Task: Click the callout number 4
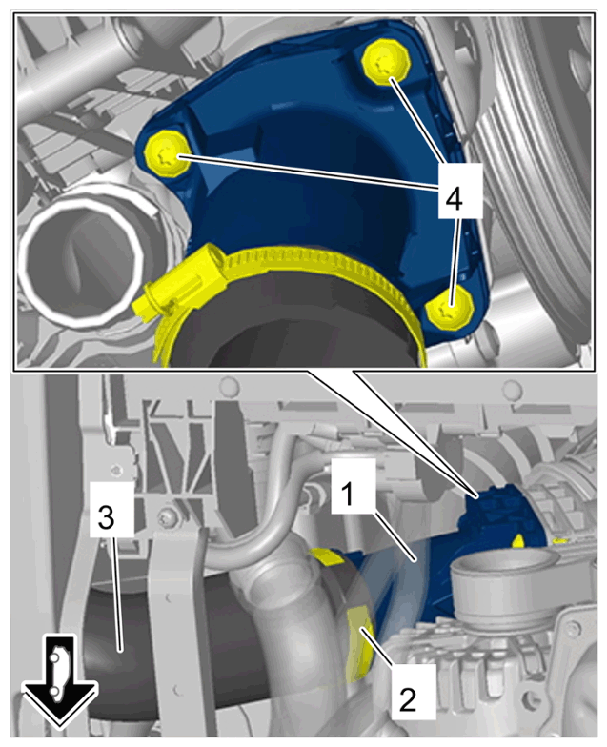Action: click(x=454, y=198)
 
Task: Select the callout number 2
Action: click(x=408, y=699)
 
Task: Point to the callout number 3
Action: click(x=106, y=517)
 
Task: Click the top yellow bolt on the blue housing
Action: click(x=387, y=63)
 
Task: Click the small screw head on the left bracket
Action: click(x=169, y=516)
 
